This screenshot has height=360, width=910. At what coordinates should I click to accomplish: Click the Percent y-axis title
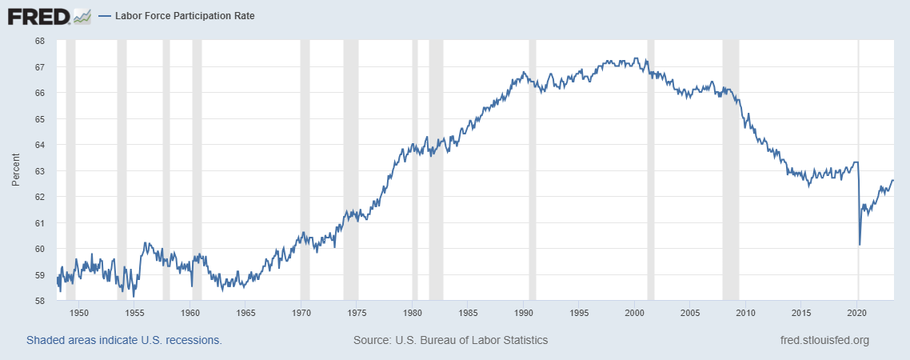coord(15,171)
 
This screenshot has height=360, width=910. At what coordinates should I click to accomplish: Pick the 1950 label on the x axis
coord(78,313)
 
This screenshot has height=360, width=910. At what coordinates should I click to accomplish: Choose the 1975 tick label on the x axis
coord(357,313)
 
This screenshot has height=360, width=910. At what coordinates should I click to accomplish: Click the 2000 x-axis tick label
coord(635,313)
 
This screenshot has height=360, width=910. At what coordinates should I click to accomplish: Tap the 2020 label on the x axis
coord(857,313)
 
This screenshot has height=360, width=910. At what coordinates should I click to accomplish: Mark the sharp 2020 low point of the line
coord(860,244)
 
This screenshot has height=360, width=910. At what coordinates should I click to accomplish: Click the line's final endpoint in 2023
coord(893,180)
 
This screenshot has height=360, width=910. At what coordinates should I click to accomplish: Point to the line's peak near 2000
coord(636,58)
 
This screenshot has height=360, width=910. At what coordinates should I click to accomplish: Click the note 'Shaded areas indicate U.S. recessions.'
coord(124,340)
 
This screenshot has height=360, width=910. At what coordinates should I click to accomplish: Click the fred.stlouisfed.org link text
coord(824,340)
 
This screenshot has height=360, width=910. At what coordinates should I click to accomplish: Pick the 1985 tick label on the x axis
coord(468,313)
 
